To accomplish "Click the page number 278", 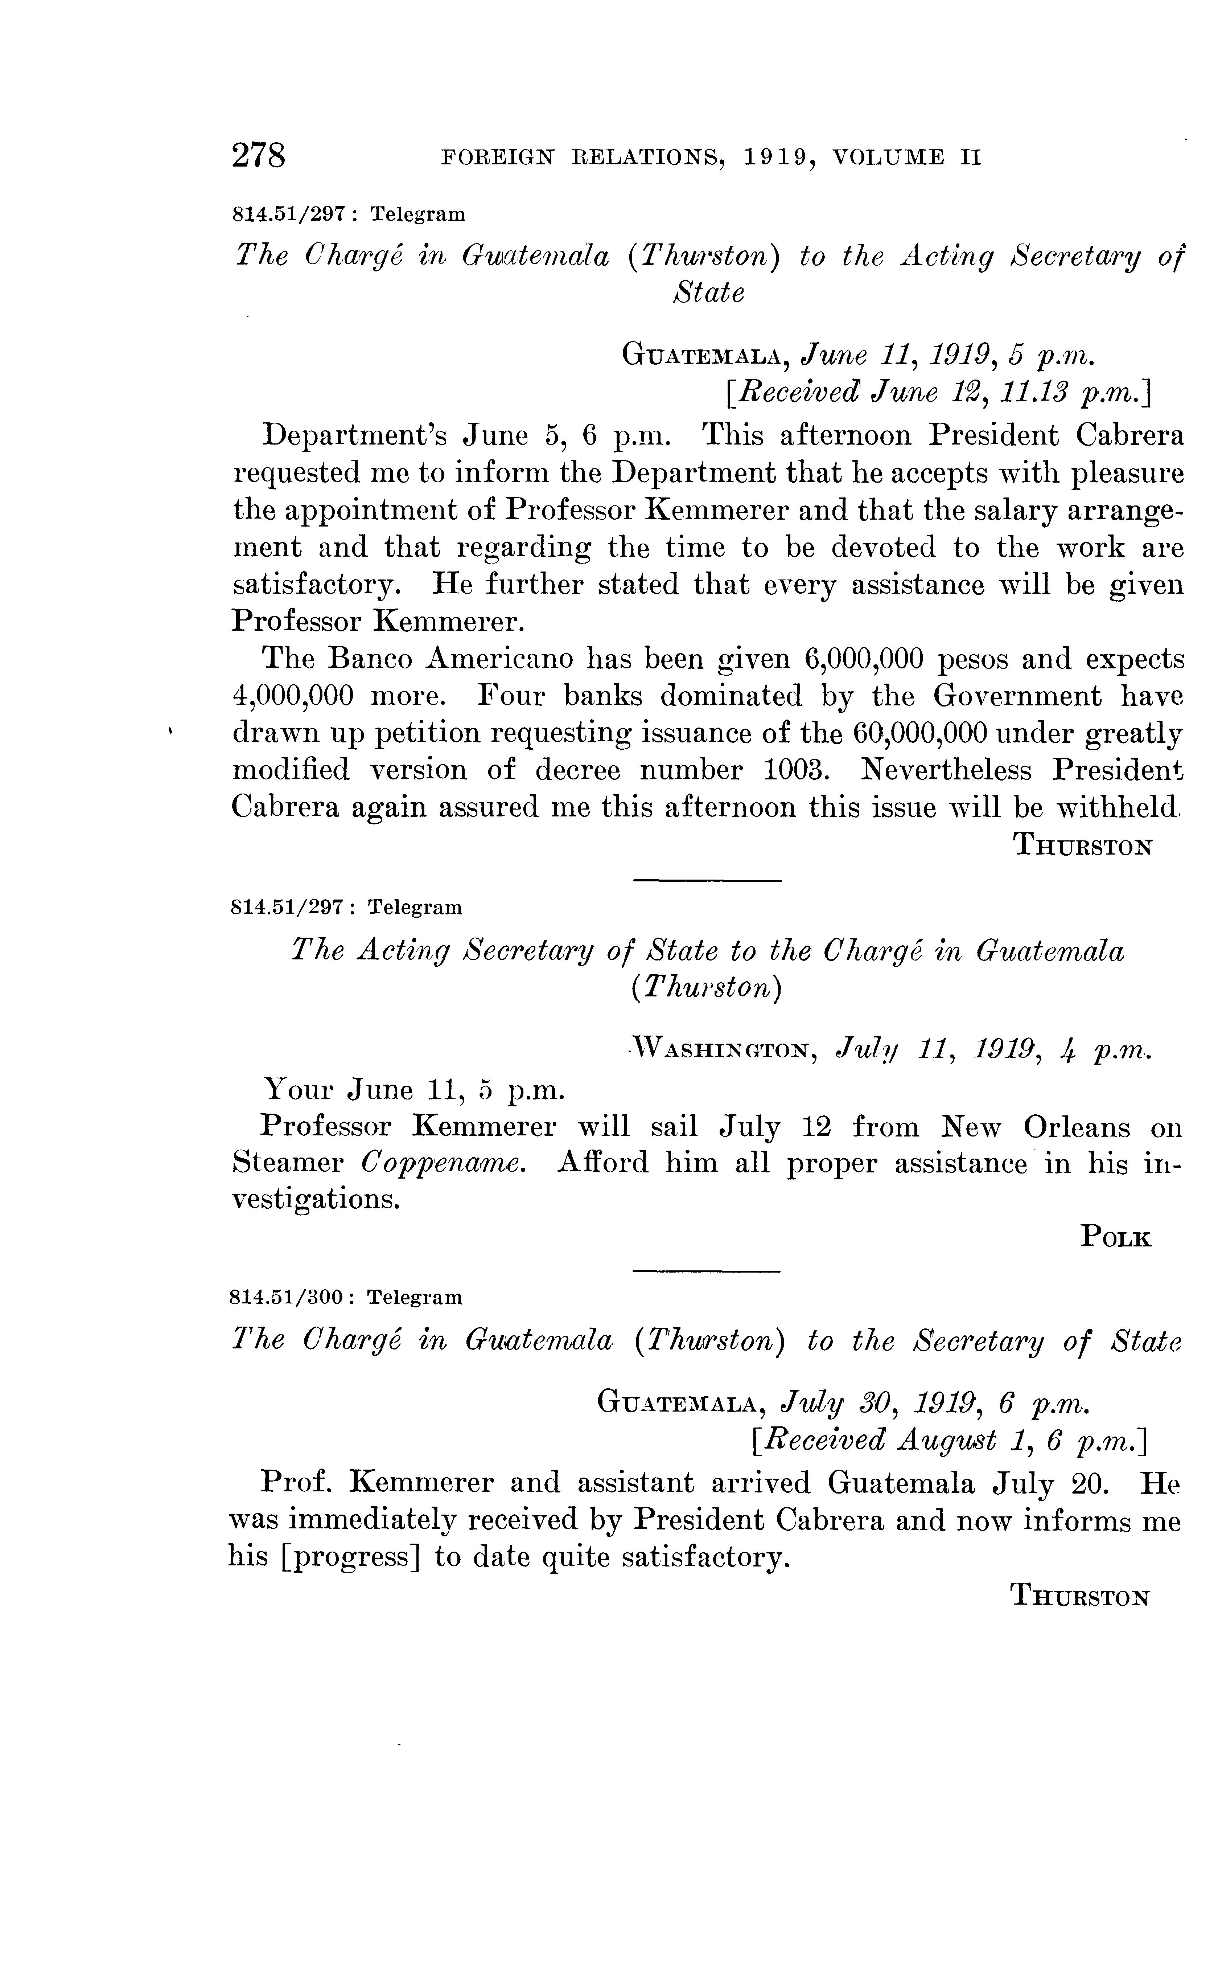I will (259, 155).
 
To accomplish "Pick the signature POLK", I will (1116, 1237).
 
